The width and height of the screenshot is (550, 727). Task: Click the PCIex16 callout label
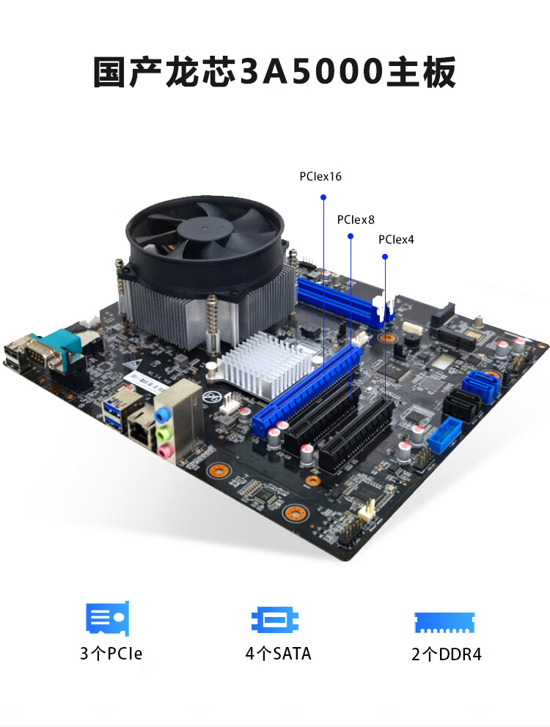320,177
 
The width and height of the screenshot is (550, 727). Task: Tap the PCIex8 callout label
356,220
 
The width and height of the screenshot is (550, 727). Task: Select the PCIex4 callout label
396,240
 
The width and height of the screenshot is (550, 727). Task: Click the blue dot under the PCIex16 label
323,197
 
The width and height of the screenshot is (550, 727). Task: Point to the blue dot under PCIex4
384,257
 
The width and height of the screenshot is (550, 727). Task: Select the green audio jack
162,434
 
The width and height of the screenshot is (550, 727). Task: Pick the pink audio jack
163,450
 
